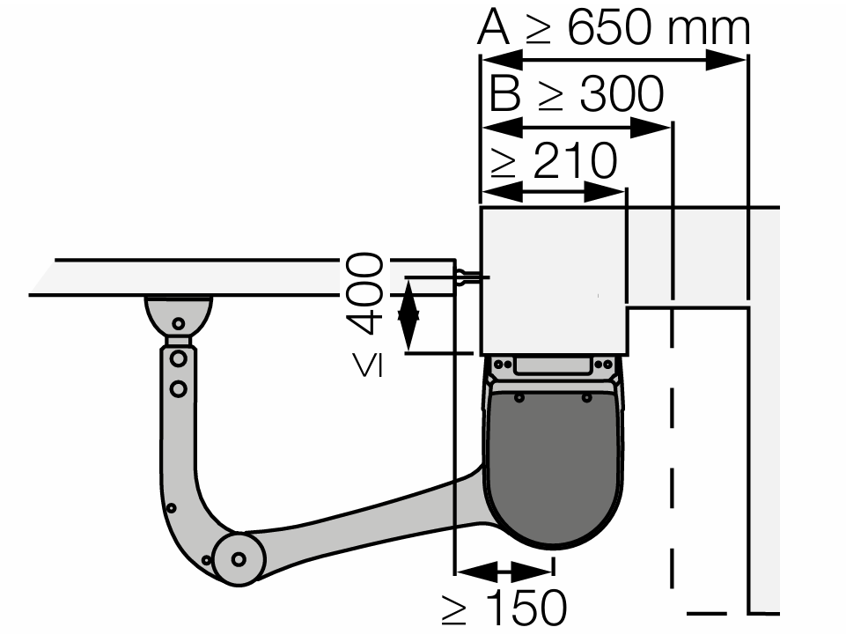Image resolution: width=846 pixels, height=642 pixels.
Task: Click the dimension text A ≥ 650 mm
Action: pos(614,28)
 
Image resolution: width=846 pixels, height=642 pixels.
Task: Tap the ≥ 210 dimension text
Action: pos(554,162)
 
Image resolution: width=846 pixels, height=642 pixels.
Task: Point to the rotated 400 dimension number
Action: pos(364,293)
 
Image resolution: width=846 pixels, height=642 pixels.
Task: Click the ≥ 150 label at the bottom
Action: pos(504,608)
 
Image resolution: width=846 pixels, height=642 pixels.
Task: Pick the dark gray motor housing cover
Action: pos(553,467)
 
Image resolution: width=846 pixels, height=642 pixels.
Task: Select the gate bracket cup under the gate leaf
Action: pos(179,314)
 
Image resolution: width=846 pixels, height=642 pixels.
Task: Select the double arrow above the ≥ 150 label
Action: pos(504,571)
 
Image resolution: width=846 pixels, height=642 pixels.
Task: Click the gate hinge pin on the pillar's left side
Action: pos(468,278)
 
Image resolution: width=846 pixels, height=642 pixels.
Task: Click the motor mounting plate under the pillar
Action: pos(553,366)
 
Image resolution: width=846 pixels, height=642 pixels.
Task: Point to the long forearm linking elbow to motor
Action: pos(370,520)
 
